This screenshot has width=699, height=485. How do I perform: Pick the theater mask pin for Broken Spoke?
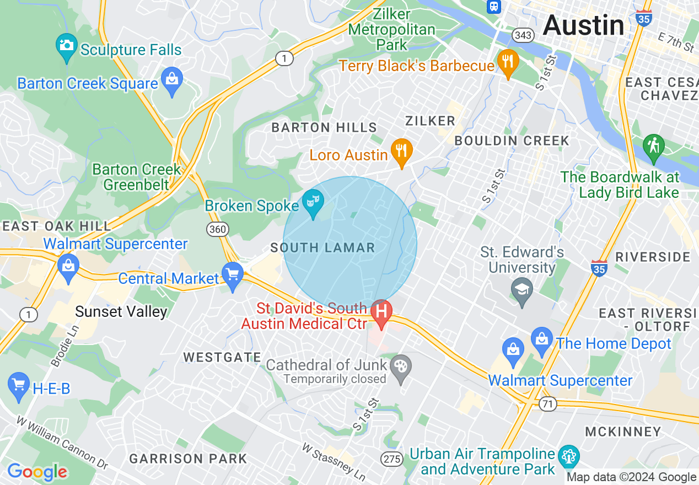313,202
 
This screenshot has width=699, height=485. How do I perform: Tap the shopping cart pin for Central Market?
233,274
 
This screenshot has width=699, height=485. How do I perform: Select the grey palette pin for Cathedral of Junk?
401,367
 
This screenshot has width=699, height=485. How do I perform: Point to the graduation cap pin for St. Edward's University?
522,289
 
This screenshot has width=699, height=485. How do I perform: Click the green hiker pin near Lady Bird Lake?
653,147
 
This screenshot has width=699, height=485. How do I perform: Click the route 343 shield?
523,35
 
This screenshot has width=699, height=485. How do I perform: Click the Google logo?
37,472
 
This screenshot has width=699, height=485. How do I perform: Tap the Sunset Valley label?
121,312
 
